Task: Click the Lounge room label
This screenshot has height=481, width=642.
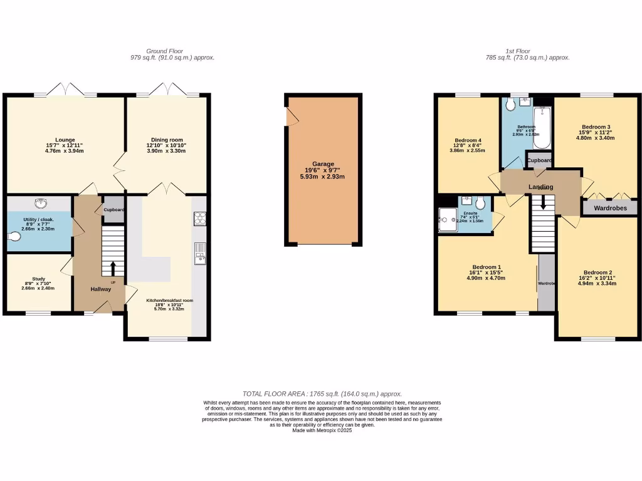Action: pos(65,140)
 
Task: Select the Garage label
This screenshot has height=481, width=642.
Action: pos(324,163)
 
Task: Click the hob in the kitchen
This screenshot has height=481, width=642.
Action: pos(199,218)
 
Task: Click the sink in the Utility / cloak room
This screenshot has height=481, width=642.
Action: pos(42,203)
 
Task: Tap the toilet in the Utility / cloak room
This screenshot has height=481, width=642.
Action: pos(15,237)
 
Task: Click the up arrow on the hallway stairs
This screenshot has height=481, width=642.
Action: pos(113,268)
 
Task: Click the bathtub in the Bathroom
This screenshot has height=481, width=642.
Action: pos(541,127)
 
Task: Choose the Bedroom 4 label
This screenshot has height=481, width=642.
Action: pos(467,140)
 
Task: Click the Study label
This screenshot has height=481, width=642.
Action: pos(39,279)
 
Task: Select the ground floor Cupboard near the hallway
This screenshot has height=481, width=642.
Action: pos(113,210)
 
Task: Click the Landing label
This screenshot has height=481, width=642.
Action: pos(540,187)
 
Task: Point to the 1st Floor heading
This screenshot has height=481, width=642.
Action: pos(518,51)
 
